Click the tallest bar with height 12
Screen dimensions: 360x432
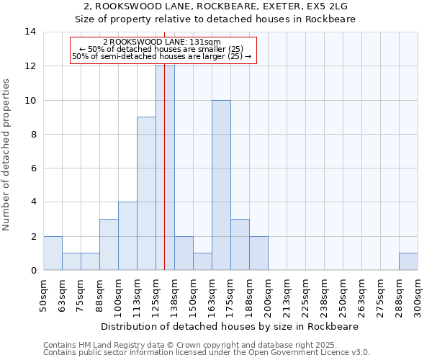pos(165,168)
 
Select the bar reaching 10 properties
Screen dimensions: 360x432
pos(221,185)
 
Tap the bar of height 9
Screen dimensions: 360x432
pos(146,193)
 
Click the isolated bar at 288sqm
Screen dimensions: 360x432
pos(408,261)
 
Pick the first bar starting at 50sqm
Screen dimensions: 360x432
pos(53,253)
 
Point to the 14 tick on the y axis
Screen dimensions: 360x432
pos(30,32)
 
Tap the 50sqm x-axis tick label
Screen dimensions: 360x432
pos(44,294)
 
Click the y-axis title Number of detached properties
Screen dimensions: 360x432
pos(7,155)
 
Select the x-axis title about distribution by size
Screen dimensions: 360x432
pos(230,326)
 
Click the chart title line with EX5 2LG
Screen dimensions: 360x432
pos(215,6)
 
